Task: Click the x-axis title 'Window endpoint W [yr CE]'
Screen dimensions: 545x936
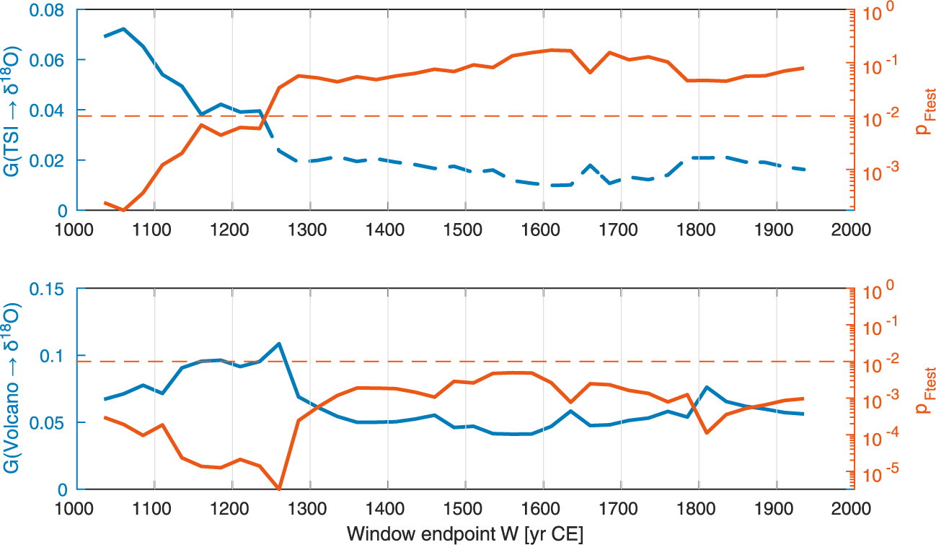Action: pos(465,534)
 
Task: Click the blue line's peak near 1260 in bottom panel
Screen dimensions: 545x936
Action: pos(278,344)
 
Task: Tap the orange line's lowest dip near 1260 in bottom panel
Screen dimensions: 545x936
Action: pos(279,489)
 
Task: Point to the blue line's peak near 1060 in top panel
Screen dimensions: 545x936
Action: pos(123,29)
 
